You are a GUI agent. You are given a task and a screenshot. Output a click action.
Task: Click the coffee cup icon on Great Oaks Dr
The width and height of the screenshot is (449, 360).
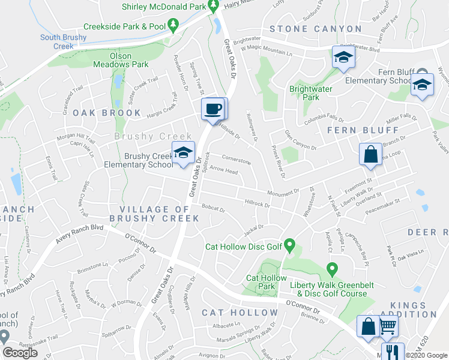[214, 109]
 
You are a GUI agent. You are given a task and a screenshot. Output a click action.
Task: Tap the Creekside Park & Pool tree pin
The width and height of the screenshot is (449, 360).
[173, 25]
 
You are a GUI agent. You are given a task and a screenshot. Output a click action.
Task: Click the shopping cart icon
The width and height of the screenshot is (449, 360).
[388, 327]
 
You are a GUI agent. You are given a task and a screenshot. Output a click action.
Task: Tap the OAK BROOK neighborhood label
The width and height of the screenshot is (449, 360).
[107, 113]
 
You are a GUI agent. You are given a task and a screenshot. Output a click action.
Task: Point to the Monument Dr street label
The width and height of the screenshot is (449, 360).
[283, 192]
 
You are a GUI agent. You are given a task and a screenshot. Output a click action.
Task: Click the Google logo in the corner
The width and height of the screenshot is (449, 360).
[20, 353]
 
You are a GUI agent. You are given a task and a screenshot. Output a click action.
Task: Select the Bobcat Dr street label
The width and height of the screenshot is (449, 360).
[213, 210]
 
